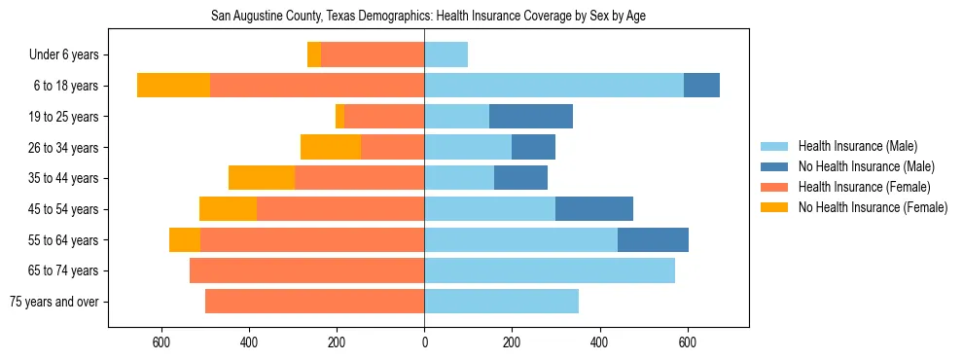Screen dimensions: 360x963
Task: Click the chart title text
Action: coord(428,16)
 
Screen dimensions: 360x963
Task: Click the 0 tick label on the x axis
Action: coord(424,342)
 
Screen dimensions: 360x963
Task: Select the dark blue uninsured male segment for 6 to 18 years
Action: coord(701,86)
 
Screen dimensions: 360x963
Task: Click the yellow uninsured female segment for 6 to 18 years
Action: coord(173,86)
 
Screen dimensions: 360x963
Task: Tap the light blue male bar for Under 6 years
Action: coord(446,54)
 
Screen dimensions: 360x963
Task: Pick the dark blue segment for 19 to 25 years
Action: coord(530,117)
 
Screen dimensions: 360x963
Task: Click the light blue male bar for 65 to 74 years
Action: coord(550,270)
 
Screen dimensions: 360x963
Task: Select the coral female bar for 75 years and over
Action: coord(314,302)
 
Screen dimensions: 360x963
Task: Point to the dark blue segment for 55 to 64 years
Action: coord(653,239)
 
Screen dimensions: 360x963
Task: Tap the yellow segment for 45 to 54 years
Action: coord(228,209)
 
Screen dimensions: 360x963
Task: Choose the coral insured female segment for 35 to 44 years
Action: coord(359,178)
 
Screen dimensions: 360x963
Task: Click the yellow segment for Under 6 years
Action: coord(314,54)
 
